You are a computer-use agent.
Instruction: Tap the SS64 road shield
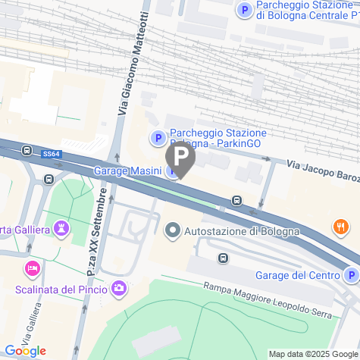(52, 154)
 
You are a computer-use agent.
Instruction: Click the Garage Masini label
(127, 171)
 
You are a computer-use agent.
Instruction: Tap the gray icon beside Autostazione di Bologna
(173, 230)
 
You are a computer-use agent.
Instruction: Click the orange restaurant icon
(340, 226)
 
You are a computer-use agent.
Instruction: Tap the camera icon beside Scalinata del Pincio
(119, 288)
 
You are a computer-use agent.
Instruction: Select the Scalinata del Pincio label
(61, 289)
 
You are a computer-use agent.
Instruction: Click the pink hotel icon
(33, 268)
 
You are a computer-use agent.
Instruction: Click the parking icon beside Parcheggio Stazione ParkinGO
(158, 137)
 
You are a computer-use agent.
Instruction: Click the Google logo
(25, 350)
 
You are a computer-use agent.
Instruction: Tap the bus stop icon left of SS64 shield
(27, 150)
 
